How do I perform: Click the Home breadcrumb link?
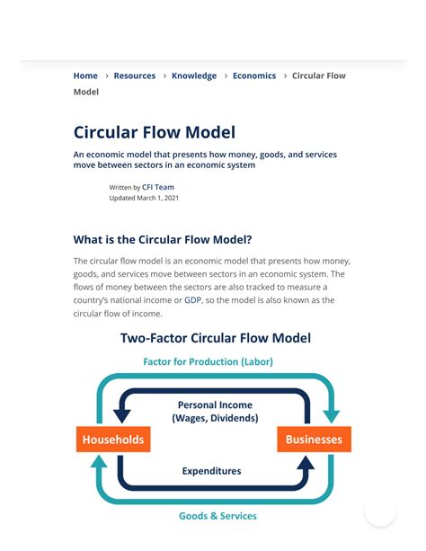(85, 76)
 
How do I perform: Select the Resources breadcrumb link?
(135, 76)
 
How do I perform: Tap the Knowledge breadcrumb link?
(194, 76)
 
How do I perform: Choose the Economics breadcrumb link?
(254, 76)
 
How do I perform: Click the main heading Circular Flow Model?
(154, 133)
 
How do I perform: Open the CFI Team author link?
(158, 187)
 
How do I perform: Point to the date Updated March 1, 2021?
(144, 198)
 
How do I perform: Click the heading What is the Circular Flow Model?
(163, 240)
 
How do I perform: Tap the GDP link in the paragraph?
(193, 300)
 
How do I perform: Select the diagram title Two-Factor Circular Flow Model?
(216, 338)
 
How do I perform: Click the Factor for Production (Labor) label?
(208, 361)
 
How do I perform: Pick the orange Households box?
(113, 440)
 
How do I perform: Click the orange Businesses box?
(314, 440)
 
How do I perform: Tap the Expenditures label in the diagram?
(211, 470)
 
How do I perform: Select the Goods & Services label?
(217, 516)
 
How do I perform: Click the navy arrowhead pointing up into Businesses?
(306, 463)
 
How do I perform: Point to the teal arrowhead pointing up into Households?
(99, 463)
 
